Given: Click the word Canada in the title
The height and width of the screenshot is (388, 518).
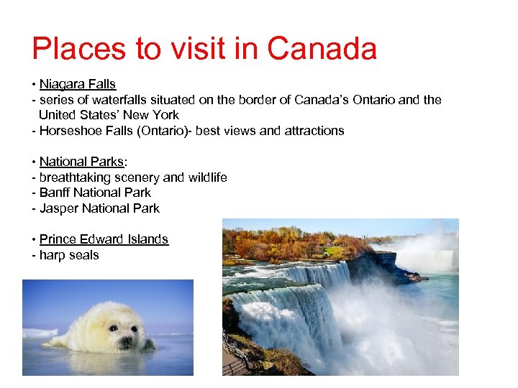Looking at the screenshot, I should pyautogui.click(x=322, y=49).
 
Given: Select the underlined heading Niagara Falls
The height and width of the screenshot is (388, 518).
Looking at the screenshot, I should pyautogui.click(x=78, y=84).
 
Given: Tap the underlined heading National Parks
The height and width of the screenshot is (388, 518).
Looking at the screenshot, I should pyautogui.click(x=81, y=162).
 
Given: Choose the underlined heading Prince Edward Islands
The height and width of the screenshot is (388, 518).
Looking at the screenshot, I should pyautogui.click(x=104, y=239).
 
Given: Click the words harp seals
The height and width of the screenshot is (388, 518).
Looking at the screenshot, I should pyautogui.click(x=69, y=255).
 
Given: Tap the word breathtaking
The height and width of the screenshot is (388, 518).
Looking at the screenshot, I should pyautogui.click(x=74, y=177).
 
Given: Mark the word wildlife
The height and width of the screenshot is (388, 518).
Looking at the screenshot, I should pyautogui.click(x=207, y=177).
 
